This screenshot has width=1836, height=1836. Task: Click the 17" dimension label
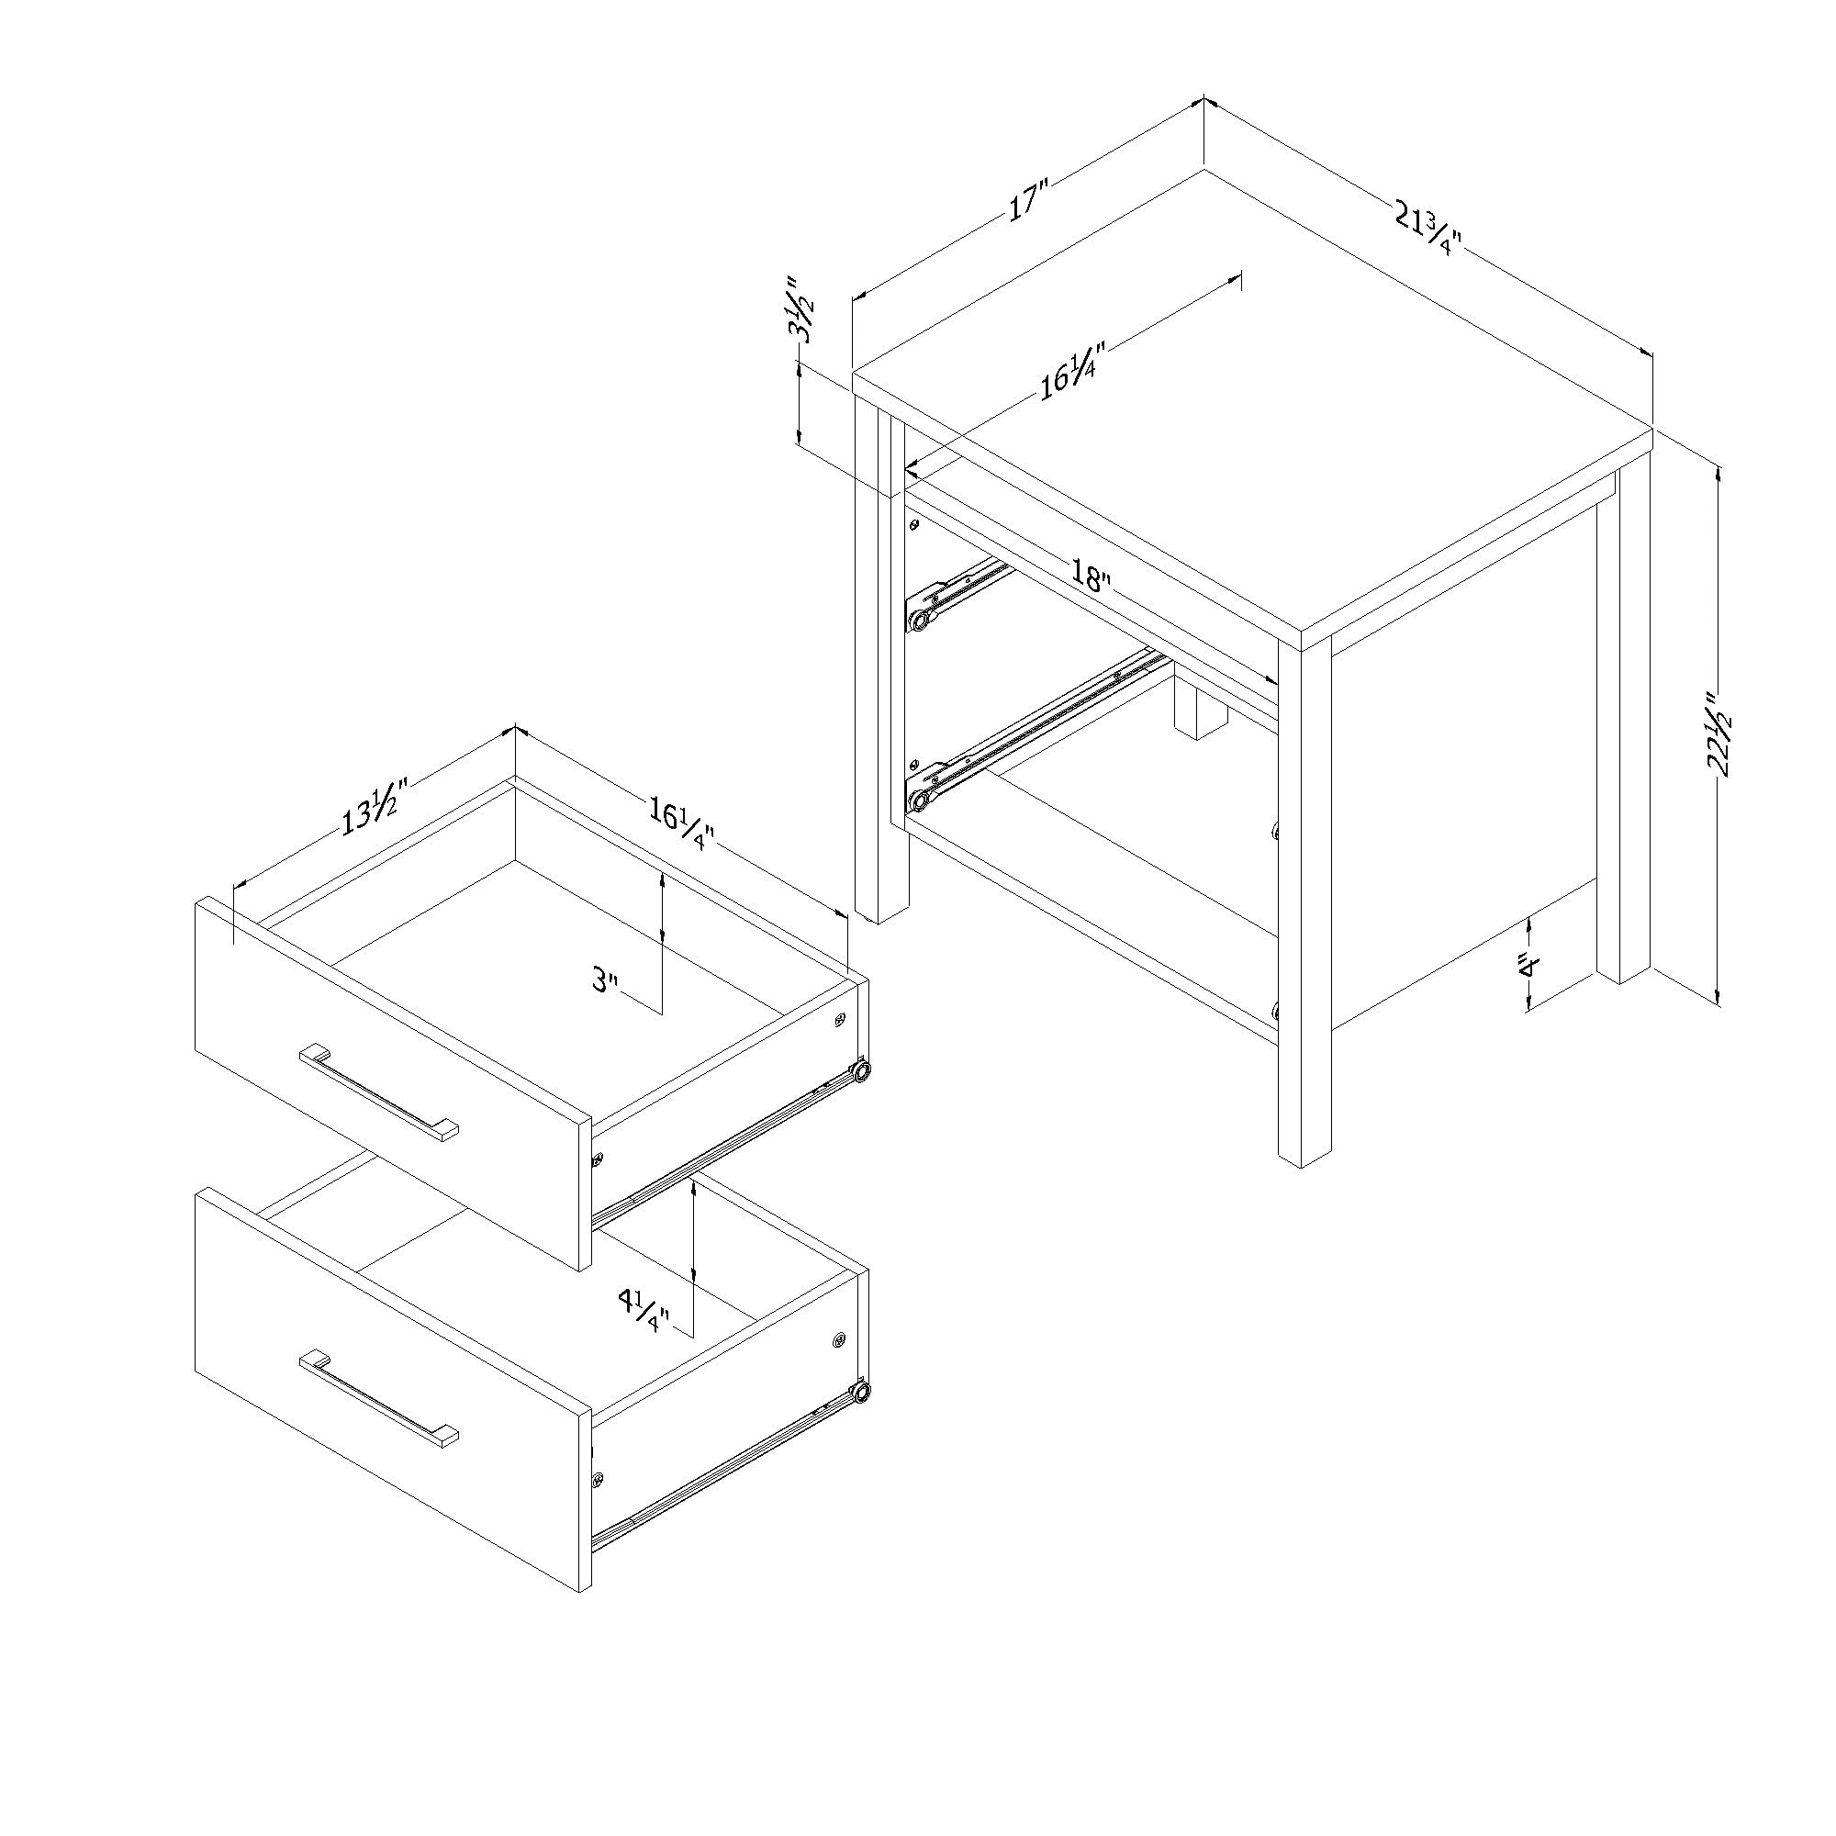point(1027,204)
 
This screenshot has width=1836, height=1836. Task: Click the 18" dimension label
point(1090,577)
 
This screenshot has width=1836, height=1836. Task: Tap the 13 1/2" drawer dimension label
point(375,807)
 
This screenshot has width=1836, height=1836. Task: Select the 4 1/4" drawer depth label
point(644,1310)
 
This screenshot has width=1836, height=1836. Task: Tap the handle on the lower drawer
point(378,1399)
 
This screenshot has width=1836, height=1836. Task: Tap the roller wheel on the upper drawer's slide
point(862,1071)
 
